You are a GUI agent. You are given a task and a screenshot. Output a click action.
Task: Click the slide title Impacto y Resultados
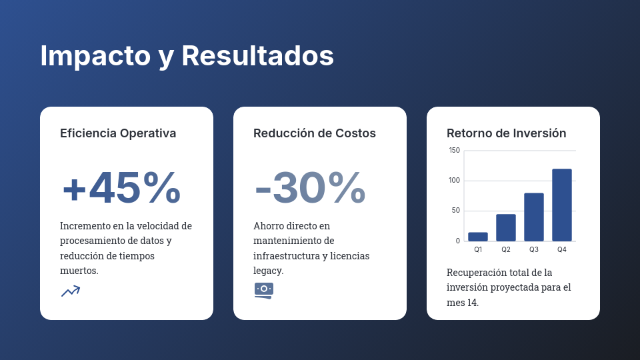click(187, 56)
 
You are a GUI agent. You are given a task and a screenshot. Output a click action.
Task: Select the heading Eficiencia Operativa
click(118, 133)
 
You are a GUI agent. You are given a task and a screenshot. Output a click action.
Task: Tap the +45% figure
click(121, 188)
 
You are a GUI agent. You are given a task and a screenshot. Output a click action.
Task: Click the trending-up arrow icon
click(71, 291)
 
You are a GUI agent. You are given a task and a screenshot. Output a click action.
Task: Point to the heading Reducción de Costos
click(315, 133)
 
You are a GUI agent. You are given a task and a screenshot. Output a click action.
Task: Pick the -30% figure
click(311, 188)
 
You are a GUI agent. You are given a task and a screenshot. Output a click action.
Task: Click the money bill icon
click(264, 290)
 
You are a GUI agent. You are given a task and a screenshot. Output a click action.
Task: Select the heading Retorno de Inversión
click(507, 133)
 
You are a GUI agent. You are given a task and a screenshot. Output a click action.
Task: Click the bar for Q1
click(478, 237)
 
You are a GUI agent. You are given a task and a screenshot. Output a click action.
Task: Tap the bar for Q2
click(506, 227)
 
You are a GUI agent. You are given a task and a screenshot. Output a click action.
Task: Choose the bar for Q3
click(534, 217)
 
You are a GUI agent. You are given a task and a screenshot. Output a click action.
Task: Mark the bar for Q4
click(562, 205)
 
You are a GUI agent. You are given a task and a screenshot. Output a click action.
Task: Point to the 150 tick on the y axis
click(454, 150)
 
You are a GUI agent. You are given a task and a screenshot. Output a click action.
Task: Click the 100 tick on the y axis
click(454, 181)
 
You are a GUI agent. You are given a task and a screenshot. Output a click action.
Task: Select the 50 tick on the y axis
click(455, 211)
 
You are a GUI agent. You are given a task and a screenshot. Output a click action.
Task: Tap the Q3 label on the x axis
click(534, 250)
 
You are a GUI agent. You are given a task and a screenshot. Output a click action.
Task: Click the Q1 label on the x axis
click(478, 250)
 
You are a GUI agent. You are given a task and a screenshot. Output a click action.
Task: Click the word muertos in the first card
click(79, 271)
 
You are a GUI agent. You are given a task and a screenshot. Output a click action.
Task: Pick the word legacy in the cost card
click(268, 271)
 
